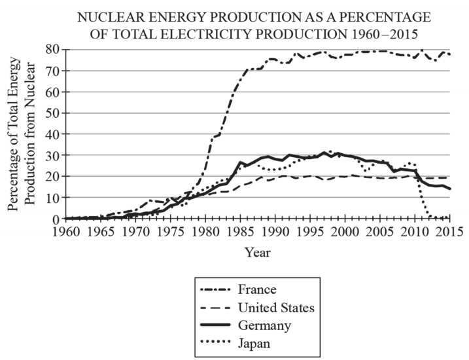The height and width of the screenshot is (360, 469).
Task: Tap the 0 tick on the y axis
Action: coord(56,219)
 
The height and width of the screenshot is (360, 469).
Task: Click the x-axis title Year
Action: coord(257,251)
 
